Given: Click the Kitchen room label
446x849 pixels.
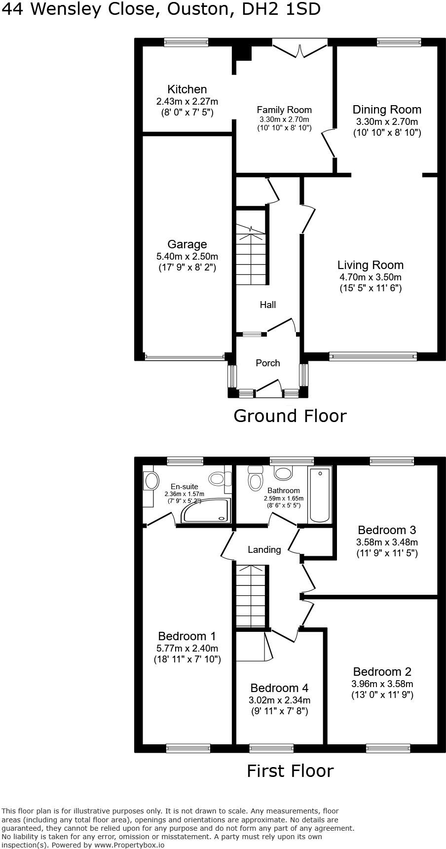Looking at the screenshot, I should tap(187, 89).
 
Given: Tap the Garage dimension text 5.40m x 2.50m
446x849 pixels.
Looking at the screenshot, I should tap(187, 257).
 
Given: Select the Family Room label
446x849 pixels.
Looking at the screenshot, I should tap(284, 110).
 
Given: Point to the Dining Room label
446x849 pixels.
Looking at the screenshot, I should tap(387, 110).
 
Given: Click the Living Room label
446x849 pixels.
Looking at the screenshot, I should tap(371, 265).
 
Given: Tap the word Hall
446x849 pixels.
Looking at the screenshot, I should tap(268, 305).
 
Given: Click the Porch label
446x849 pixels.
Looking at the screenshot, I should tap(268, 363).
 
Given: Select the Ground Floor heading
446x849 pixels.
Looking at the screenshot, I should tap(290, 416).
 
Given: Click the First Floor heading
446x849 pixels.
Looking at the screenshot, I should tap(290, 771).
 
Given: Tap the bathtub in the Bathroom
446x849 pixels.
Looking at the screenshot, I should tap(320, 495).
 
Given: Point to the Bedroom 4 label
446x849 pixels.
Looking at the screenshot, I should tap(279, 688).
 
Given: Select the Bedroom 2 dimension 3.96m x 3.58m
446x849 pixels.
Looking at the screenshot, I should tap(382, 684).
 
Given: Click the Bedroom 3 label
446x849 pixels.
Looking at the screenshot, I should tap(387, 530).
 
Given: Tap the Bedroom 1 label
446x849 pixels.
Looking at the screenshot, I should tap(187, 636).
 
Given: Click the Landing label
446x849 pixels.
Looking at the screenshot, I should tap(264, 549).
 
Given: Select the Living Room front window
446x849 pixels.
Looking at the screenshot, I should tap(373, 356).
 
